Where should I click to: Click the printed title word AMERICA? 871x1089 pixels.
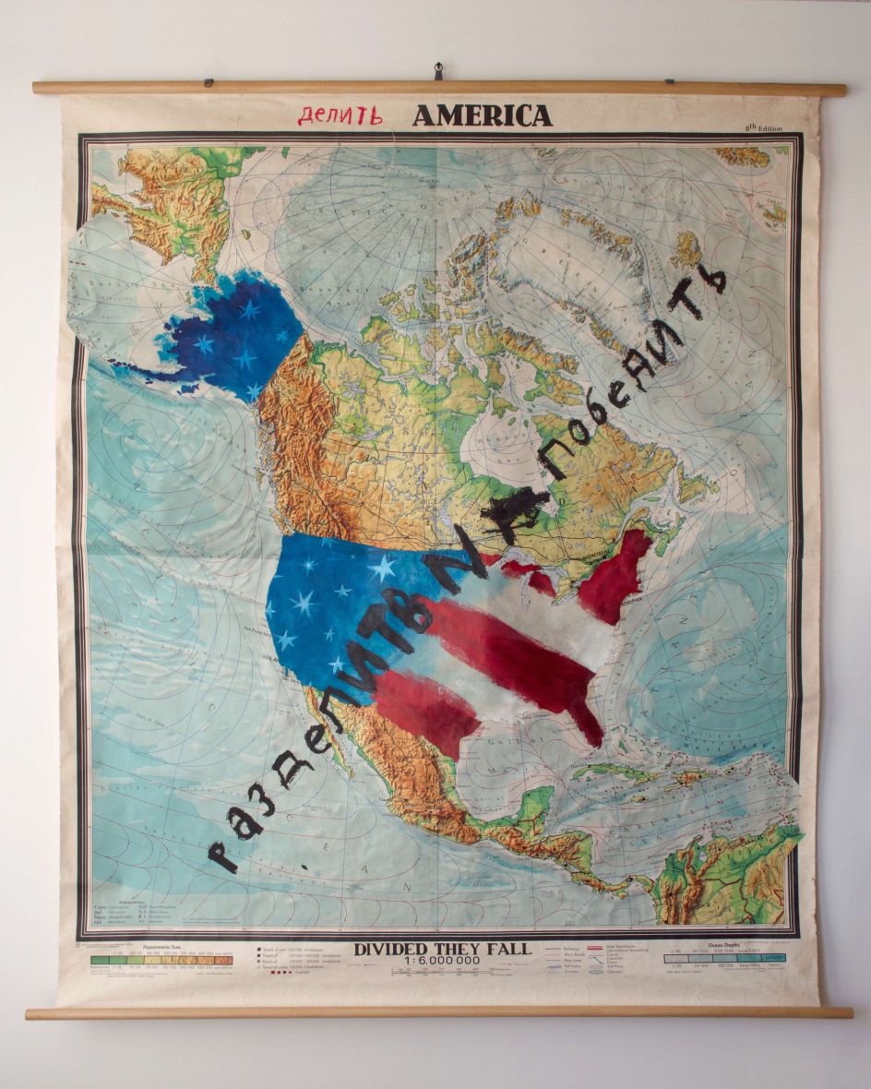(482, 115)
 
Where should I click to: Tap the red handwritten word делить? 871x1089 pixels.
(340, 115)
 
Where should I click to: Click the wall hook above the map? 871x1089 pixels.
(438, 70)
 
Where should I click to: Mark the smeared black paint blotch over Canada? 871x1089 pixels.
(513, 506)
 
